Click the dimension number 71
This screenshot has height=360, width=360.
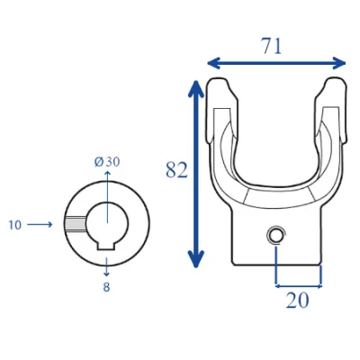click(273, 47)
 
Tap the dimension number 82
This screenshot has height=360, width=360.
click(176, 170)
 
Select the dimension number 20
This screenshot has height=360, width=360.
click(297, 301)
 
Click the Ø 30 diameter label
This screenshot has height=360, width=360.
click(107, 162)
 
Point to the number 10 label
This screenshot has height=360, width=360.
click(15, 225)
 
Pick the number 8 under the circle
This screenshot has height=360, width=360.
click(106, 287)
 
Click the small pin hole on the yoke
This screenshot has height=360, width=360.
click(275, 235)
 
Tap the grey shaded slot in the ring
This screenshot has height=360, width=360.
click(76, 224)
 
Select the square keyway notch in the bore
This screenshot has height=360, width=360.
click(106, 245)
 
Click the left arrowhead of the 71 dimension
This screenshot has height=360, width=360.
click(213, 63)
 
